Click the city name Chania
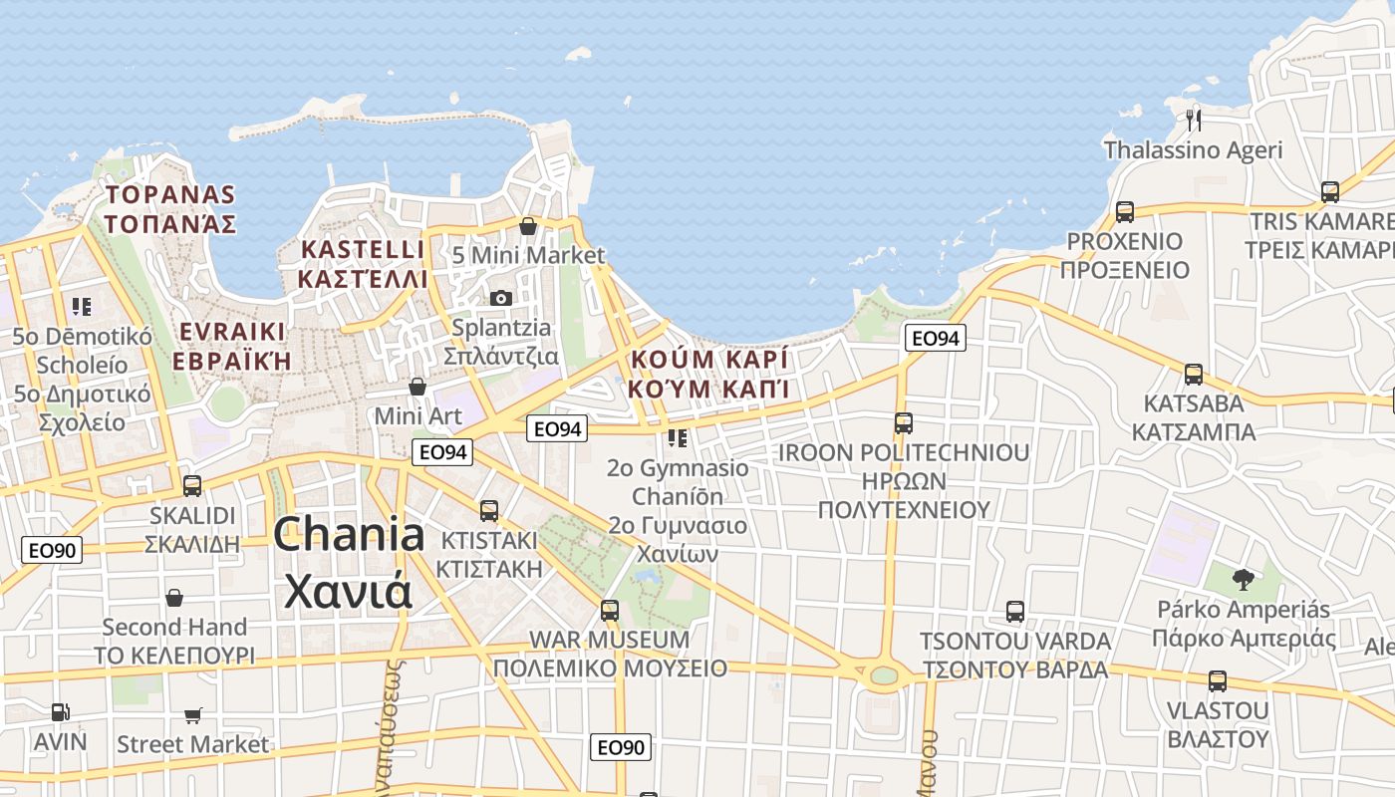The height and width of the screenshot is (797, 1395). (349, 536)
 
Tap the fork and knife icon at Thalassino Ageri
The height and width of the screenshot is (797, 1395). (1194, 120)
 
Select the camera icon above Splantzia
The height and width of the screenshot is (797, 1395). (501, 298)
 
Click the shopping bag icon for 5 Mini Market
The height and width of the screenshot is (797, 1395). (528, 226)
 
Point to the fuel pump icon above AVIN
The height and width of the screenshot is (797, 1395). (60, 712)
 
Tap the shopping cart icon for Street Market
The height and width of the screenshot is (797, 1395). (192, 715)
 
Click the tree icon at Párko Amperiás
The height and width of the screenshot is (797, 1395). (1243, 579)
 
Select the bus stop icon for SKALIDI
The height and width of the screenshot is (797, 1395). (192, 486)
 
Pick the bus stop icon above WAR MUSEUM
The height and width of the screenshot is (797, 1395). (610, 610)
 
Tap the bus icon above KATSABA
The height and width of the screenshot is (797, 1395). (1193, 375)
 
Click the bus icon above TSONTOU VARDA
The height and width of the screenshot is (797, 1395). (1015, 611)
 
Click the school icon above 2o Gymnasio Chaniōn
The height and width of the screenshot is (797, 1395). (678, 438)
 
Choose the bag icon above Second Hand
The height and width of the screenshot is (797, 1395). (174, 598)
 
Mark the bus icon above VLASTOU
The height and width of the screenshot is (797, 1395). (1217, 681)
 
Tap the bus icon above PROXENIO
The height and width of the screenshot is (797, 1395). (1125, 211)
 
